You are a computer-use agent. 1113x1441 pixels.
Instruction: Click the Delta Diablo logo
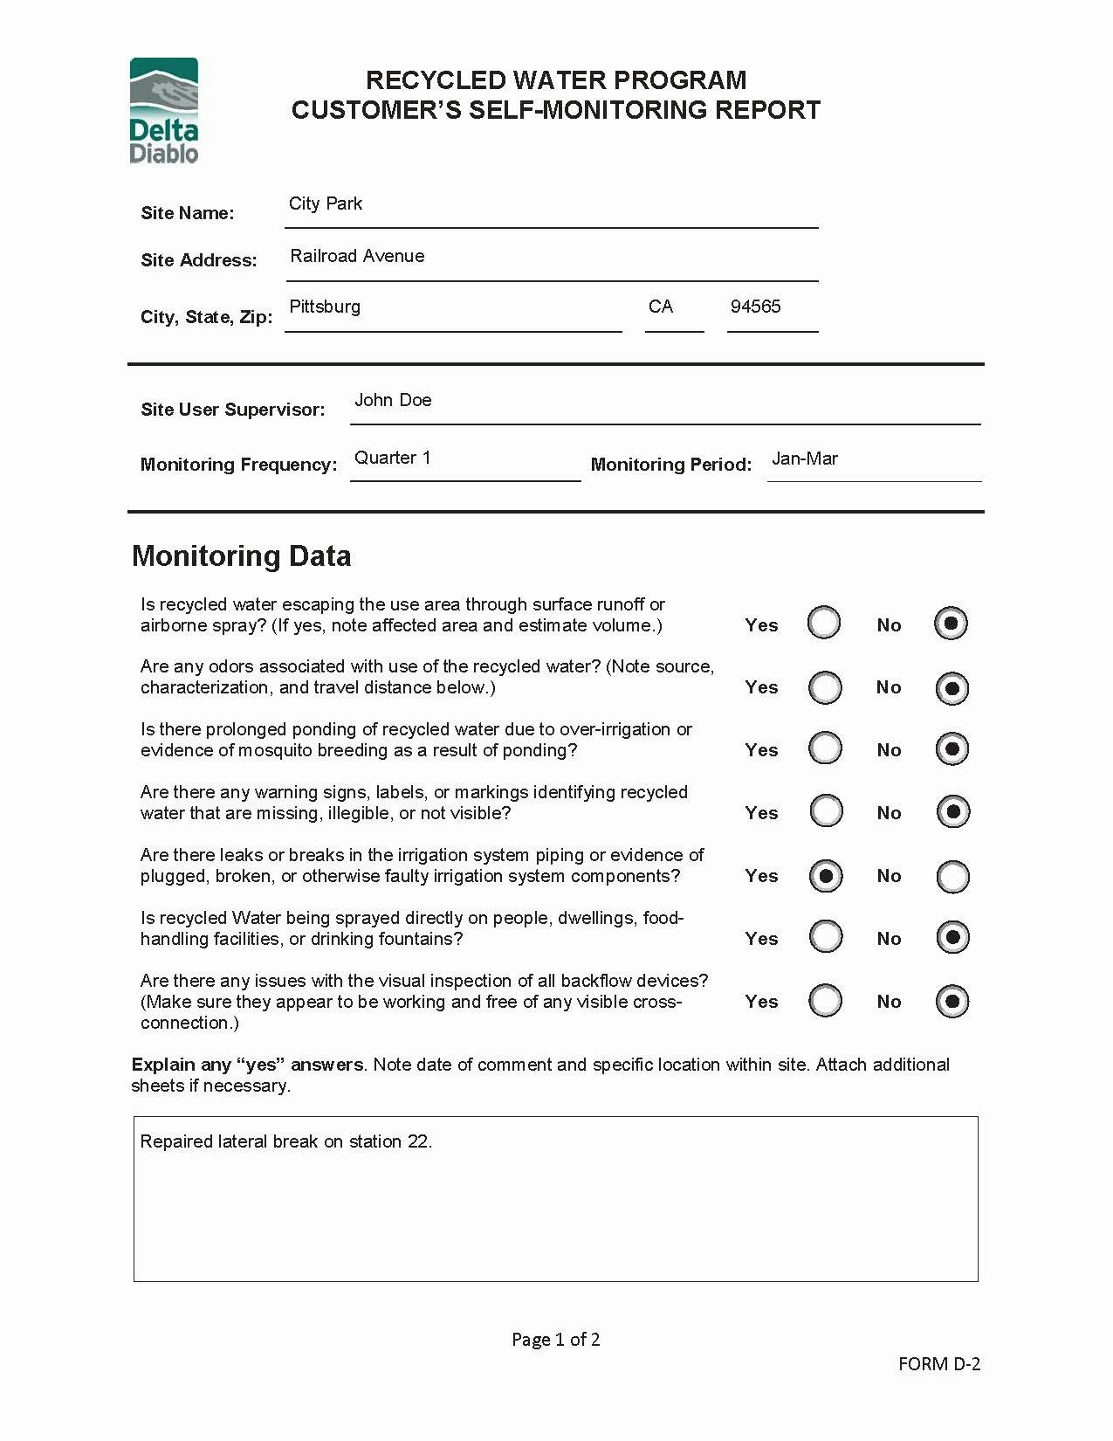164,111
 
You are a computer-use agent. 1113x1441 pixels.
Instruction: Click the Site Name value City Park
326,203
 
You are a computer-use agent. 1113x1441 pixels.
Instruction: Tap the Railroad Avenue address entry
357,256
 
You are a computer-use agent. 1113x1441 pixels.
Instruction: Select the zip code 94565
755,307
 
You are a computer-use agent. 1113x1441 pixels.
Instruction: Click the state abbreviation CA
661,307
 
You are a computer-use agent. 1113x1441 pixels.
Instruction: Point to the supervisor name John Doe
393,400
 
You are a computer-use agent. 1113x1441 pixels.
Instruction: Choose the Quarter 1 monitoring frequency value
392,458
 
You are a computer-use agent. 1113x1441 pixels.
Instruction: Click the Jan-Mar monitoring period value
805,458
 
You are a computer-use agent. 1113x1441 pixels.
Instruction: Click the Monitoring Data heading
241,555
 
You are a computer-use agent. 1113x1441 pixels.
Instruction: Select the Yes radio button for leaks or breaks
826,876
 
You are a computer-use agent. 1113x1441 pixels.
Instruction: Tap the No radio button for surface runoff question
952,624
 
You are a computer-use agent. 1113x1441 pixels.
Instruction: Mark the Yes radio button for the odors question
825,687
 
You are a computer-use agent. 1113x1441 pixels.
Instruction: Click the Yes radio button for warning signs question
826,811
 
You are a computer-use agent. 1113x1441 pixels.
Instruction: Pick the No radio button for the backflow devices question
952,1001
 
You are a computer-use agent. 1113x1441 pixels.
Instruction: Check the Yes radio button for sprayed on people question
826,937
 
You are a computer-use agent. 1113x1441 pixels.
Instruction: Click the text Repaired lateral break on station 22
286,1141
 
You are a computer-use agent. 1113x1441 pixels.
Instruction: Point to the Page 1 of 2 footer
555,1340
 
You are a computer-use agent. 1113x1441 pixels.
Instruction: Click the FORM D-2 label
939,1364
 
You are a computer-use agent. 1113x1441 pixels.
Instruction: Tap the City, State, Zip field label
206,317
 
